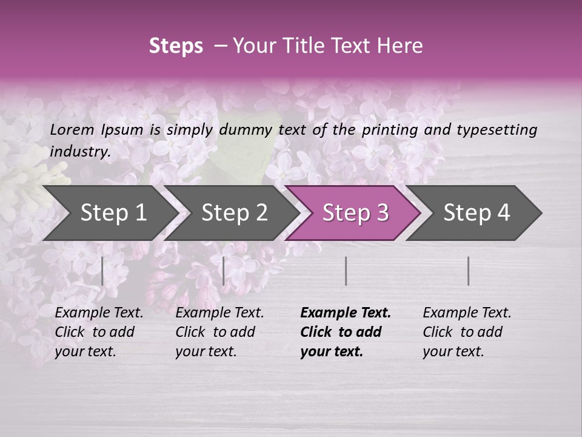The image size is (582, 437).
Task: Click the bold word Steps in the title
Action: [176, 46]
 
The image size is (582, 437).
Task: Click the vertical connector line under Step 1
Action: [102, 271]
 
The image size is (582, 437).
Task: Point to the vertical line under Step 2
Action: [224, 271]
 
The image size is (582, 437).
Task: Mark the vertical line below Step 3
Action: [346, 271]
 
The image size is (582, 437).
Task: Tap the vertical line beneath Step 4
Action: [468, 271]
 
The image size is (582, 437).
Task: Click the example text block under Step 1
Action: [99, 332]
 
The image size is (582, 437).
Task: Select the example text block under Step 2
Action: [219, 332]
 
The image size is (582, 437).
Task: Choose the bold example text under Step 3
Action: [345, 332]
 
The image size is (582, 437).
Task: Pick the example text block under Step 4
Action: [467, 332]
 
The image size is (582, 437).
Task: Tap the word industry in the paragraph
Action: [79, 151]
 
